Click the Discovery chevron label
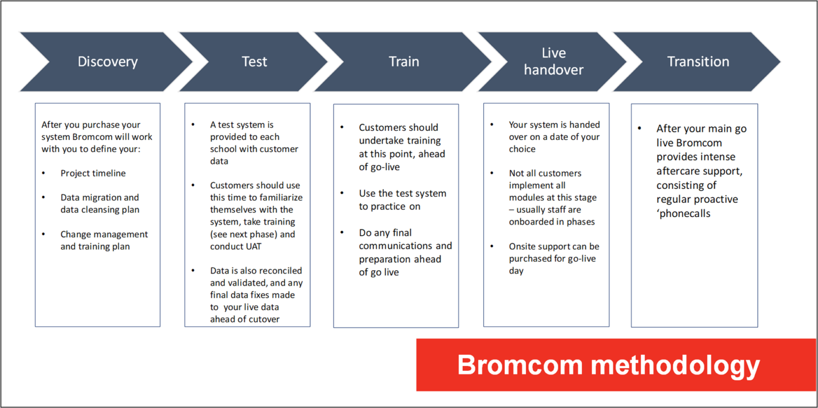click(x=108, y=62)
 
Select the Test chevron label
click(x=254, y=62)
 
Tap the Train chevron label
click(x=404, y=62)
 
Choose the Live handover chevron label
click(x=553, y=61)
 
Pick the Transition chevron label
click(x=698, y=62)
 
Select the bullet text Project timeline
click(x=93, y=173)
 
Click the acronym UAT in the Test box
click(x=255, y=246)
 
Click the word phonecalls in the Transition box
click(x=685, y=213)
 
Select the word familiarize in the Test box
click(x=279, y=198)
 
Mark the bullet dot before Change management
click(x=44, y=235)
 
